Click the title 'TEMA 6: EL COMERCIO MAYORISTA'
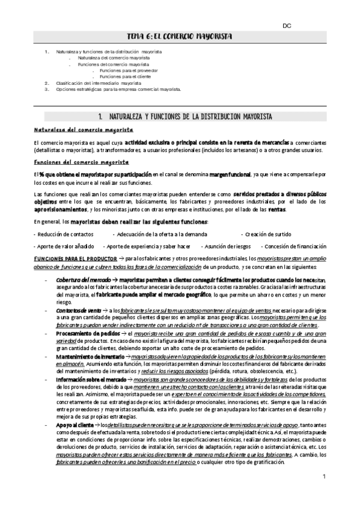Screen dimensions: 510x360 coord(180,37)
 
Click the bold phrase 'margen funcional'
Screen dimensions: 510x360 coord(230,174)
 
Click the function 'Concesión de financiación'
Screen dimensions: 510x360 coord(294,247)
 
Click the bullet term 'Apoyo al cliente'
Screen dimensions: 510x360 coord(76,425)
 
